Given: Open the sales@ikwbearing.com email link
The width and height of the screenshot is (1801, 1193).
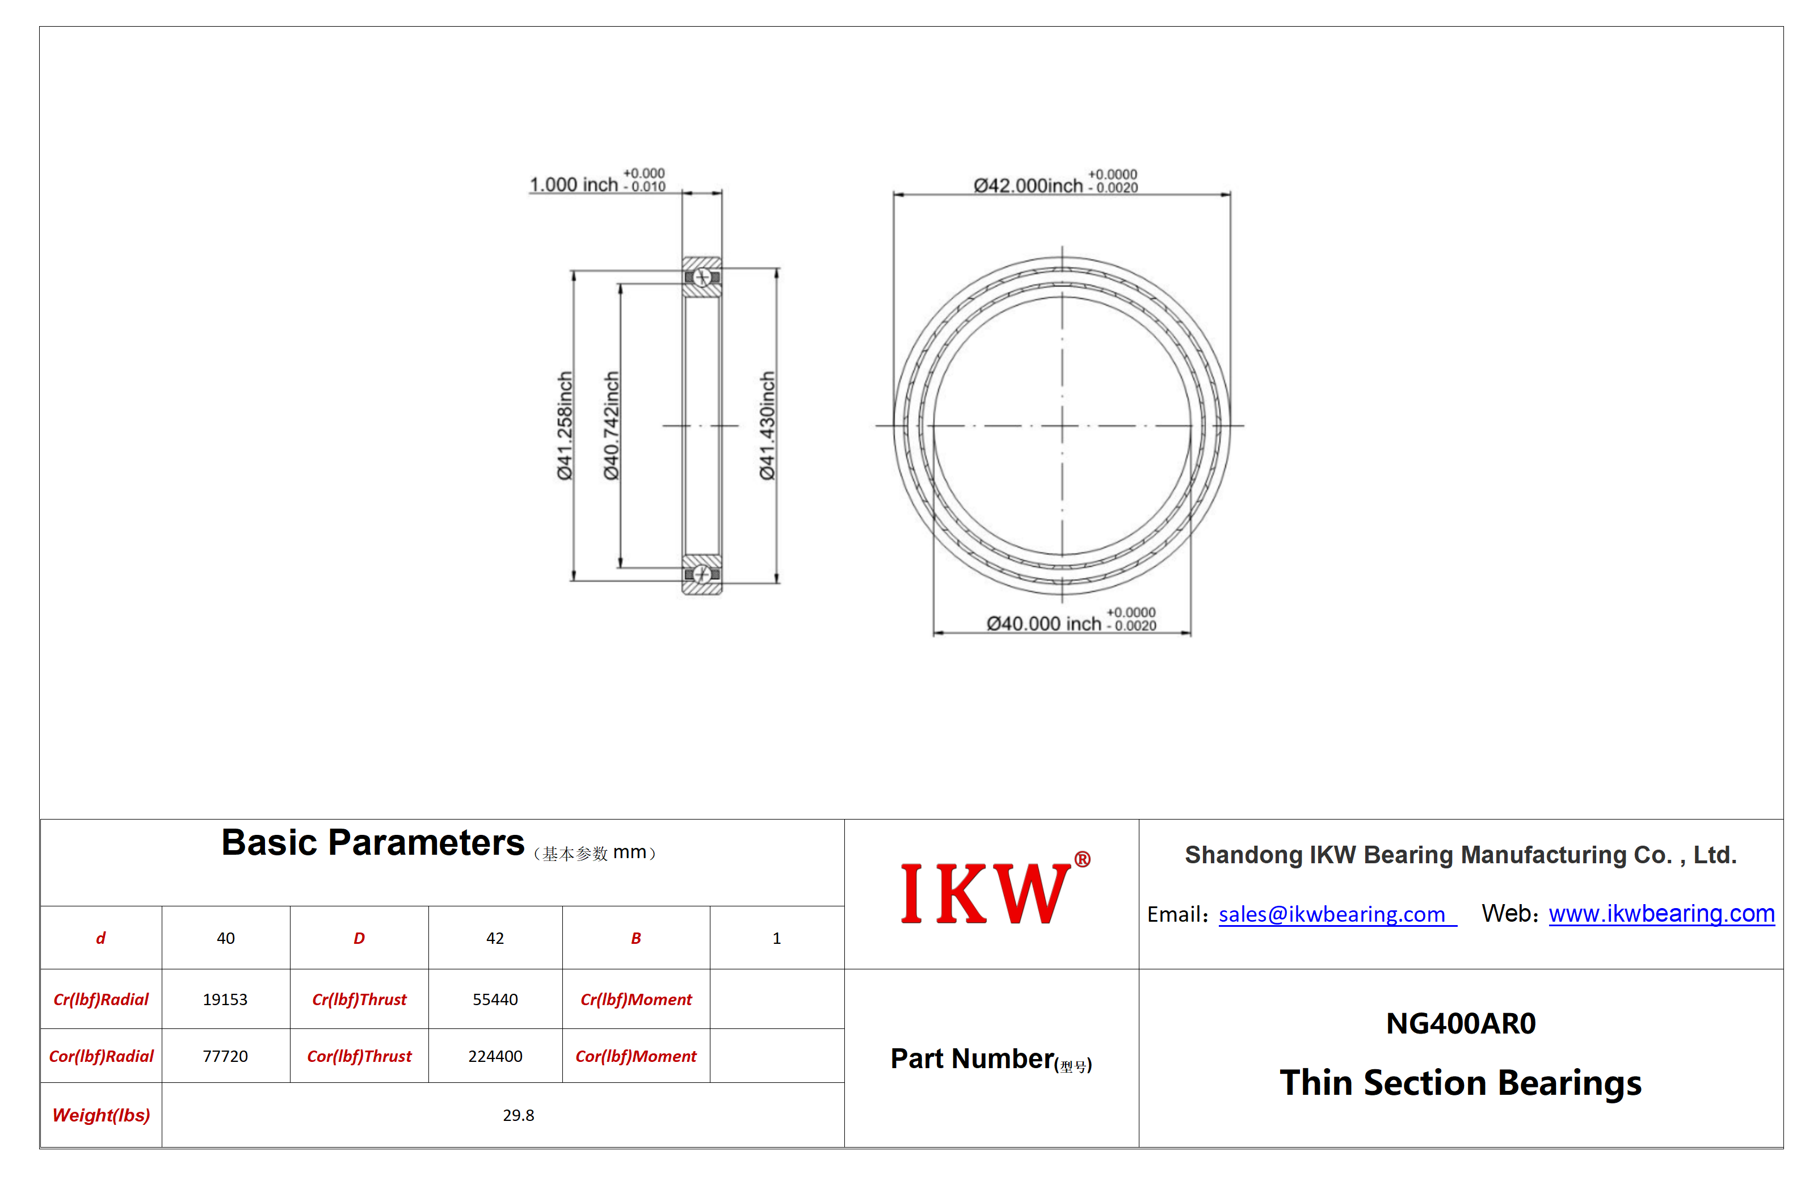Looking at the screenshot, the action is pos(1332,914).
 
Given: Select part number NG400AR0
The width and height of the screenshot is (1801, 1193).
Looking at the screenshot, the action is pos(1461,1023).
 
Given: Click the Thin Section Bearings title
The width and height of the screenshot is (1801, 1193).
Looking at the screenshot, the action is pos(1461,1083).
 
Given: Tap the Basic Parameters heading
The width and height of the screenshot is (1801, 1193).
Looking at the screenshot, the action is pos(373,842).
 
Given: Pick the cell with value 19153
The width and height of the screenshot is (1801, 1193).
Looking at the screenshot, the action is pos(225,999).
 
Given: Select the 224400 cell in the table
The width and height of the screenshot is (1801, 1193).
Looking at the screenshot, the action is pos(495,1056).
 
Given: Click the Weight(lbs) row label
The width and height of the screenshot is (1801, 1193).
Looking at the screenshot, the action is pos(101,1115).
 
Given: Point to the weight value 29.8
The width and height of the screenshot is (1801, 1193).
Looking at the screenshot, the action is pos(519,1115).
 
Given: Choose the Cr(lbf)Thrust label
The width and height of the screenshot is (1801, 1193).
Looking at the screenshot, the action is pos(359,999).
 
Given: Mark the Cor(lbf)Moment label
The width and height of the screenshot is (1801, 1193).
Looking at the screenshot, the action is pos(636,1056).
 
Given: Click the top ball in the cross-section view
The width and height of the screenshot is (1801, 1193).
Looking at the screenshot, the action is pos(702,278).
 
